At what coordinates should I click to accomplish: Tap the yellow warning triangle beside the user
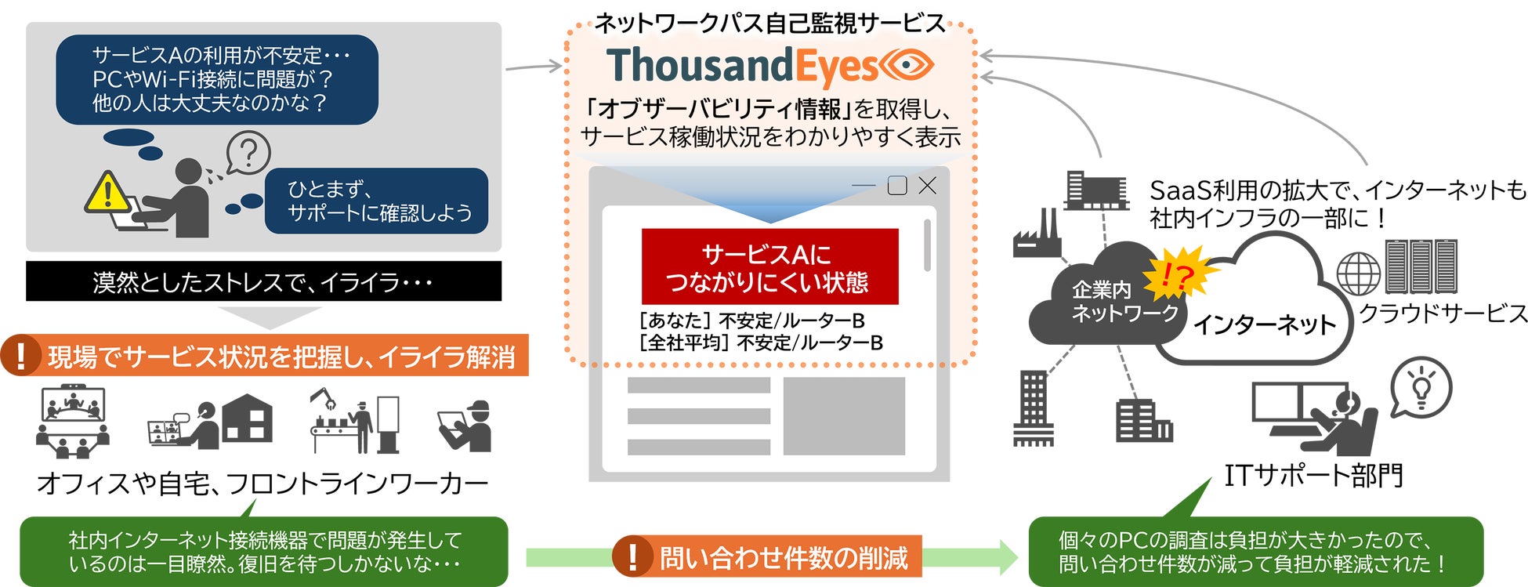pyautogui.click(x=107, y=193)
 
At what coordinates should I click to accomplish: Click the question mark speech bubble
pyautogui.click(x=248, y=153)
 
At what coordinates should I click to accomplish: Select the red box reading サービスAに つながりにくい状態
pyautogui.click(x=769, y=266)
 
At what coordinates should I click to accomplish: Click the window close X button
pyautogui.click(x=927, y=186)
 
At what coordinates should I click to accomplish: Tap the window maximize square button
pyautogui.click(x=897, y=186)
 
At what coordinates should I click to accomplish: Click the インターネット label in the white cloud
pyautogui.click(x=1264, y=324)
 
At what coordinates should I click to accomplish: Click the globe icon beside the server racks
pyautogui.click(x=1358, y=274)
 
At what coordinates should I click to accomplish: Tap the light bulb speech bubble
pyautogui.click(x=1421, y=387)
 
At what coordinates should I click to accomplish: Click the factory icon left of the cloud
pyautogui.click(x=1037, y=234)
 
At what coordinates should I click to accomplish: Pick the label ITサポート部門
pyautogui.click(x=1313, y=475)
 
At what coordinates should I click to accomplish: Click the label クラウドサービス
pyautogui.click(x=1443, y=313)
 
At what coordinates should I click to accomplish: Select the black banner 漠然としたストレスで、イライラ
pyautogui.click(x=263, y=281)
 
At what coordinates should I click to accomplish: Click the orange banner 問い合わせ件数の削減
pyautogui.click(x=767, y=557)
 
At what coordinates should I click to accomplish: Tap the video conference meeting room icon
pyautogui.click(x=73, y=421)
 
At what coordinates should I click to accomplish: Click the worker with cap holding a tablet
pyautogui.click(x=465, y=426)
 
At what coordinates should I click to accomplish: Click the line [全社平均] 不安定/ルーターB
pyautogui.click(x=761, y=342)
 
